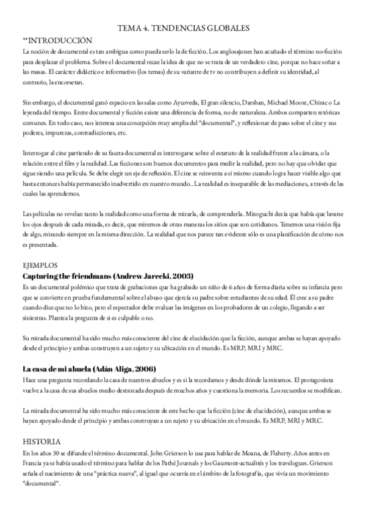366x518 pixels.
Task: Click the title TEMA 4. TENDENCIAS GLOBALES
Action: coord(183,28)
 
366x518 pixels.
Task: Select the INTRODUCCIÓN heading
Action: coord(59,39)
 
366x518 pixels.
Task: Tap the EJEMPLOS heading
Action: coord(40,266)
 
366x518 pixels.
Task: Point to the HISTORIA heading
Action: coord(41,441)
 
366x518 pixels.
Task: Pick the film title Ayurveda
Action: coord(173,102)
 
